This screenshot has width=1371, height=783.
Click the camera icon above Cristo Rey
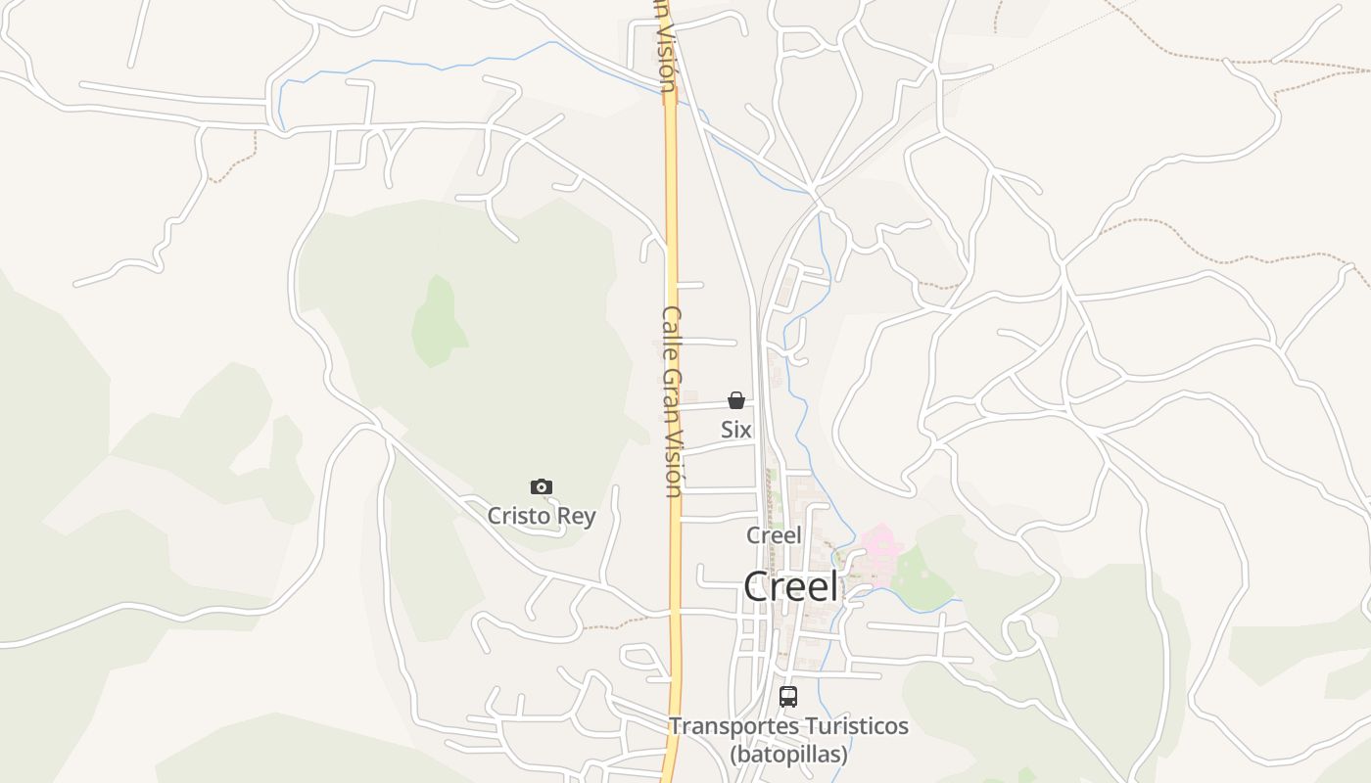541,486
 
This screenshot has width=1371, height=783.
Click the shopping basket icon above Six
736,400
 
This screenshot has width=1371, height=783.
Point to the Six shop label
736,429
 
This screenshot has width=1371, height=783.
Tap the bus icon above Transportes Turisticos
788,697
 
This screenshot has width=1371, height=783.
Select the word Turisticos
855,727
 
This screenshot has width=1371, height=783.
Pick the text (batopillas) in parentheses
788,755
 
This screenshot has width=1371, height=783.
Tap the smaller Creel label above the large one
774,535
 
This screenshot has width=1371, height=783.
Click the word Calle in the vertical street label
672,334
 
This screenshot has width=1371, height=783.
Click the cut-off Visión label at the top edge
666,49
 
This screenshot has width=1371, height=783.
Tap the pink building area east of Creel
879,554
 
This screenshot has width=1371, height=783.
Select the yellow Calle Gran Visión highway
673,196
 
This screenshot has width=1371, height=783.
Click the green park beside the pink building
922,579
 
